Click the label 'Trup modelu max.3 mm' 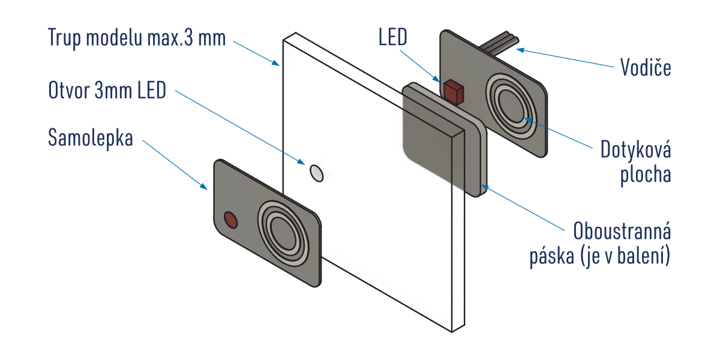click(137, 39)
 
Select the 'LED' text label click(393, 38)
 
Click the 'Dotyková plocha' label click(636, 162)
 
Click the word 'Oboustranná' click(622, 232)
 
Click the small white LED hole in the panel click(316, 173)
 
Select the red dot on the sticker click(230, 220)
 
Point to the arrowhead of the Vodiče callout click(521, 49)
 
